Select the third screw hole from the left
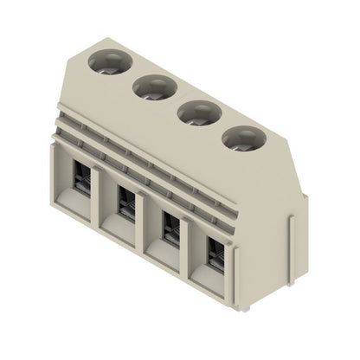point(197,112)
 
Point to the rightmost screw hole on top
point(241,138)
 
